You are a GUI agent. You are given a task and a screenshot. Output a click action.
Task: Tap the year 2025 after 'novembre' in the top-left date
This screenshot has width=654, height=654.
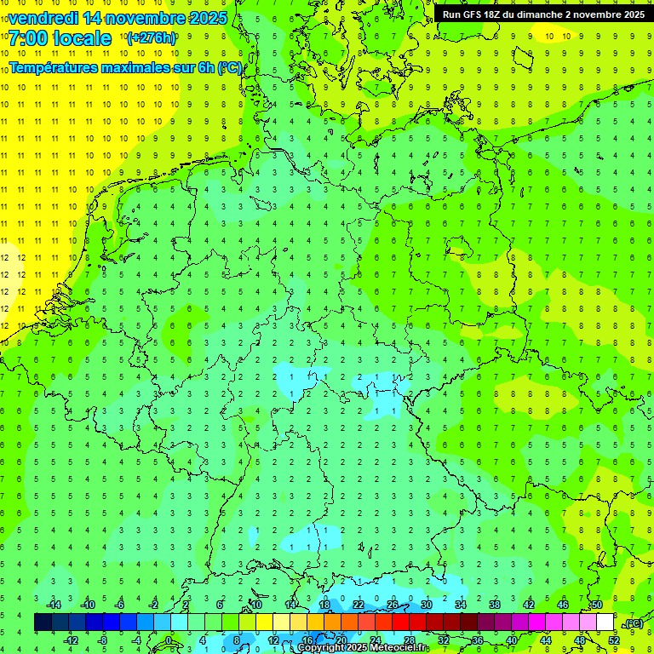pos(207,17)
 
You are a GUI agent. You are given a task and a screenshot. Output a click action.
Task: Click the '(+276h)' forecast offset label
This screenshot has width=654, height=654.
pos(152,38)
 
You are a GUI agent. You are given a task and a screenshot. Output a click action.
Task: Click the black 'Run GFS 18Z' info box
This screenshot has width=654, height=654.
pos(543,14)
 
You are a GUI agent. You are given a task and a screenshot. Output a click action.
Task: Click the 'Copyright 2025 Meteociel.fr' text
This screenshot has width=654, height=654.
pos(362,648)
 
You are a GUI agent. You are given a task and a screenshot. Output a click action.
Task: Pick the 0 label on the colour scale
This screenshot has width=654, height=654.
pos(168,640)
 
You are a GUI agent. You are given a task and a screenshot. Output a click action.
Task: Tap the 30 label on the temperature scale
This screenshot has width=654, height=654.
pos(427,605)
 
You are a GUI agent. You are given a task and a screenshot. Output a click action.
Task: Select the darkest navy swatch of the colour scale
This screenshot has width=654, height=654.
pos(43,622)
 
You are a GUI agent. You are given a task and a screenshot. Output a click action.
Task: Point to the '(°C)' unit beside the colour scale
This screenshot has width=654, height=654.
pos(634,623)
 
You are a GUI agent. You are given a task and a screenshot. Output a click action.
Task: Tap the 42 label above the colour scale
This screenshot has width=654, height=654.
pos(529,605)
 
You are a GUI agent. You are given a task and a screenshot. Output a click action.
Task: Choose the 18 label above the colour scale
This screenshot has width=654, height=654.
pos(324,605)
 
